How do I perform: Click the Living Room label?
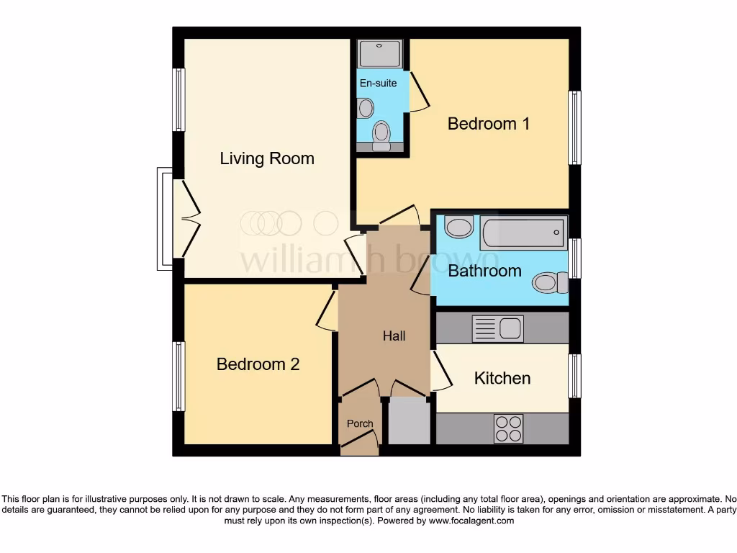tap(267, 158)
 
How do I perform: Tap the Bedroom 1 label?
tap(489, 124)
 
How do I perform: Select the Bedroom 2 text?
tap(258, 364)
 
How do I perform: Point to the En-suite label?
tap(378, 83)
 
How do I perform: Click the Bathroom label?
tap(484, 271)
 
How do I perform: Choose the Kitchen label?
tap(502, 378)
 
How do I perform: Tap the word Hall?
tap(394, 336)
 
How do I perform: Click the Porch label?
tap(360, 423)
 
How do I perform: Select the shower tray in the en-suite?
tap(380, 54)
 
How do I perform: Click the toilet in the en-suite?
tap(381, 134)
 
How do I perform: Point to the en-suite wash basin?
tap(366, 108)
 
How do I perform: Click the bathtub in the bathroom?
tap(523, 233)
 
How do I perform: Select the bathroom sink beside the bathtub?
tap(458, 227)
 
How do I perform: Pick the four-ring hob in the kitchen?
tap(507, 429)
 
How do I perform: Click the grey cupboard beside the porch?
tap(409, 421)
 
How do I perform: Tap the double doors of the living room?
tap(186, 219)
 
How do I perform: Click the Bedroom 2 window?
tap(178, 376)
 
